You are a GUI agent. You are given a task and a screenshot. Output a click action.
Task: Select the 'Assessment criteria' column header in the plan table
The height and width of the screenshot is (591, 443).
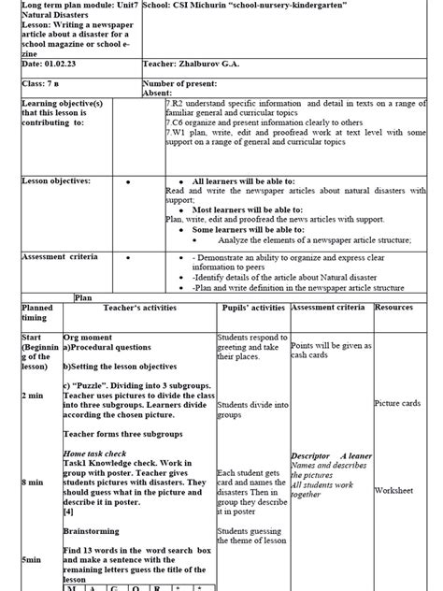click(x=332, y=307)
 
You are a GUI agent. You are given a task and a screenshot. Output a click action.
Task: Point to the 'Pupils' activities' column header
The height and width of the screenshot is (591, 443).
click(x=253, y=307)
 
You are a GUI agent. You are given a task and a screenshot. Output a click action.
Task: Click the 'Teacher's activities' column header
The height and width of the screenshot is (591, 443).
click(x=140, y=307)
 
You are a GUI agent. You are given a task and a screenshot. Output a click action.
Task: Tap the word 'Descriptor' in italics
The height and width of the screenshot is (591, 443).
click(x=310, y=455)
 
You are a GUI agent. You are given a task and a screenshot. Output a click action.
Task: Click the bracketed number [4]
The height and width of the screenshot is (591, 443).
click(x=69, y=512)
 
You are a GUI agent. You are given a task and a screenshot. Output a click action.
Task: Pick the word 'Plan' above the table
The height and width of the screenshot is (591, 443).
click(x=84, y=296)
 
